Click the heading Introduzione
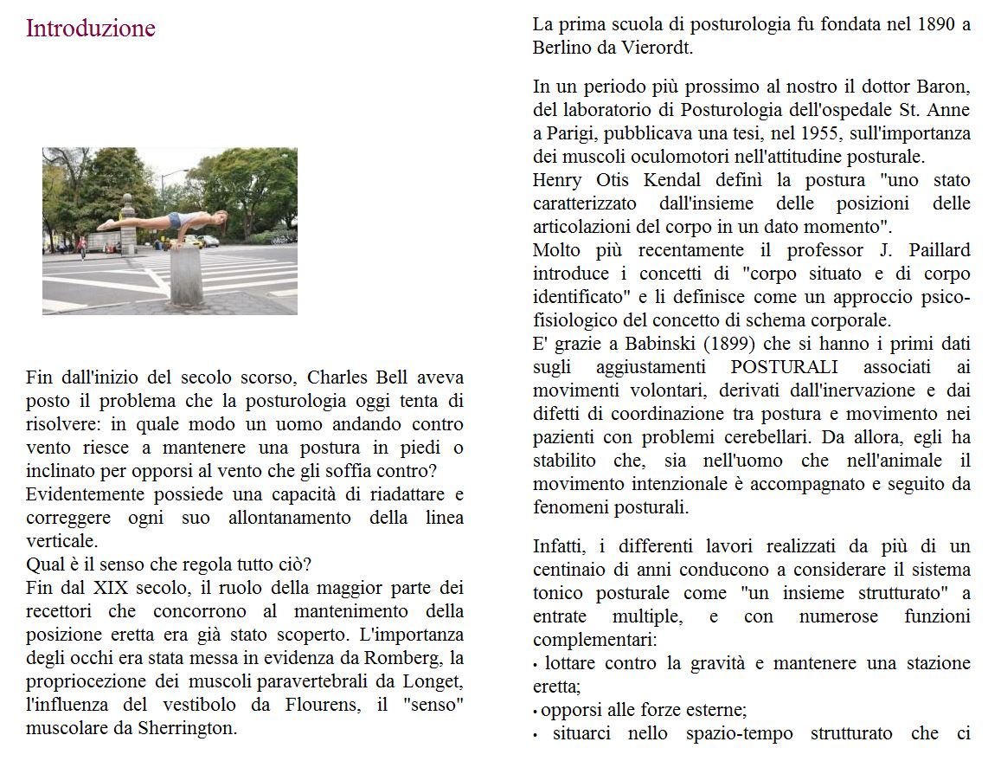[91, 29]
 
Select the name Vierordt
[658, 48]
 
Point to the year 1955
[821, 133]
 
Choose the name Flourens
[321, 705]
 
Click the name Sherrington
[187, 728]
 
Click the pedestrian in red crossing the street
[82, 247]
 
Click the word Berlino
[563, 48]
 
